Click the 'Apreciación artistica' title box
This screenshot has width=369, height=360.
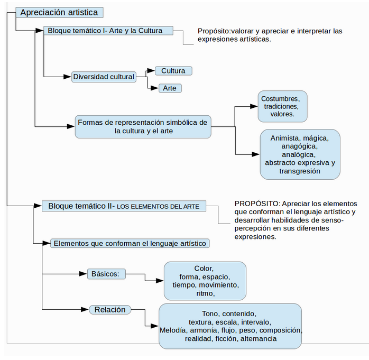[x=59, y=13]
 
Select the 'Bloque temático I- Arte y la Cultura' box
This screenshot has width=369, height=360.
[x=108, y=31]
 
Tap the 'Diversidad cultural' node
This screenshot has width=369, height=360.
[x=104, y=77]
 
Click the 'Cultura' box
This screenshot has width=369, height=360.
[x=173, y=71]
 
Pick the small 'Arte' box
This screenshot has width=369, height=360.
[x=170, y=88]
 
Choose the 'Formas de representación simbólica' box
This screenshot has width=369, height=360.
[x=143, y=126]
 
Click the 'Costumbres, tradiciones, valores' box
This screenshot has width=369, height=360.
[x=282, y=106]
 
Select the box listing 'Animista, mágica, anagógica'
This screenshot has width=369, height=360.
[x=300, y=154]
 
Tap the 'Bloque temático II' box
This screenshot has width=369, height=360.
[x=124, y=206]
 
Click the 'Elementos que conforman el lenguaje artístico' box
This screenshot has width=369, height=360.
[x=130, y=243]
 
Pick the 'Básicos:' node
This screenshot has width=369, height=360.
[x=106, y=274]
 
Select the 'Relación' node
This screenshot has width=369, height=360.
[x=110, y=310]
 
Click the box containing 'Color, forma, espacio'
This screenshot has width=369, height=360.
[x=205, y=281]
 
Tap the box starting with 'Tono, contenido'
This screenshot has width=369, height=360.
[x=230, y=326]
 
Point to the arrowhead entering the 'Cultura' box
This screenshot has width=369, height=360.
[x=151, y=71]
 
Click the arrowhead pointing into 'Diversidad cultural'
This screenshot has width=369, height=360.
[x=68, y=77]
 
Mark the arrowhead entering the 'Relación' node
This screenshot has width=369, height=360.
[x=85, y=309]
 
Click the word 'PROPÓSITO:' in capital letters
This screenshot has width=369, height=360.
[x=257, y=204]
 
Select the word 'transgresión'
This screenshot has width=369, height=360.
[x=300, y=171]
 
